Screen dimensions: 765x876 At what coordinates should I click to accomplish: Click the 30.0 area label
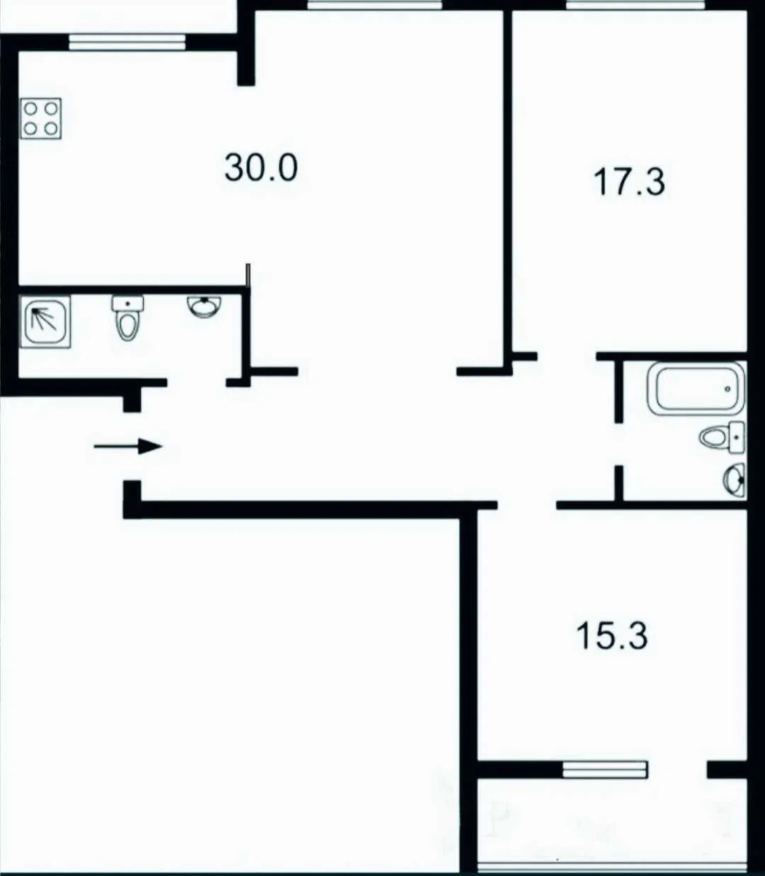[x=261, y=168]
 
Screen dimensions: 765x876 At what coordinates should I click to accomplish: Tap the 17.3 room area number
[x=629, y=182]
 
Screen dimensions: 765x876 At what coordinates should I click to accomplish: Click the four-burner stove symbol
[x=41, y=118]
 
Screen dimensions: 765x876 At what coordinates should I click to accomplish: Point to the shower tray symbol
[x=45, y=321]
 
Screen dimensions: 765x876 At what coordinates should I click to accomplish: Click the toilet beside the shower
[x=128, y=318]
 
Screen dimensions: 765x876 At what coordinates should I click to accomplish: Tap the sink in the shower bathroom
[x=204, y=307]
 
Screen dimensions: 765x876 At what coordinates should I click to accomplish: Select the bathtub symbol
[x=696, y=388]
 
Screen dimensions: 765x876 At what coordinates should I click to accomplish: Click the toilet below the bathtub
[x=722, y=437]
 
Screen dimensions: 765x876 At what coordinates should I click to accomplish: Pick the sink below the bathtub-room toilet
[x=734, y=480]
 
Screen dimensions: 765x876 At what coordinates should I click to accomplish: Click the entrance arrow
[x=128, y=447]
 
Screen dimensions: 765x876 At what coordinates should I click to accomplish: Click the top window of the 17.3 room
[x=635, y=4]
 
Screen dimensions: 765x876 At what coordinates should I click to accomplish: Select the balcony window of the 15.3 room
[x=604, y=769]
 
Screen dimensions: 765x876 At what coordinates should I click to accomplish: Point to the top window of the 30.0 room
[x=374, y=4]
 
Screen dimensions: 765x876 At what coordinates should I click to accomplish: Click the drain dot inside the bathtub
[x=728, y=389]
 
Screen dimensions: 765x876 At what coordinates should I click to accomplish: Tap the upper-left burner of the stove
[x=31, y=109]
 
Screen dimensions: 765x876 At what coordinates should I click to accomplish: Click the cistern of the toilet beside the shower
[x=128, y=304]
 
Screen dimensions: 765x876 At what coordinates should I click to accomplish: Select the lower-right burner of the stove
[x=51, y=128]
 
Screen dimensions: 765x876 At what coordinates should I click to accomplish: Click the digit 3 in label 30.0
[x=234, y=168]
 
